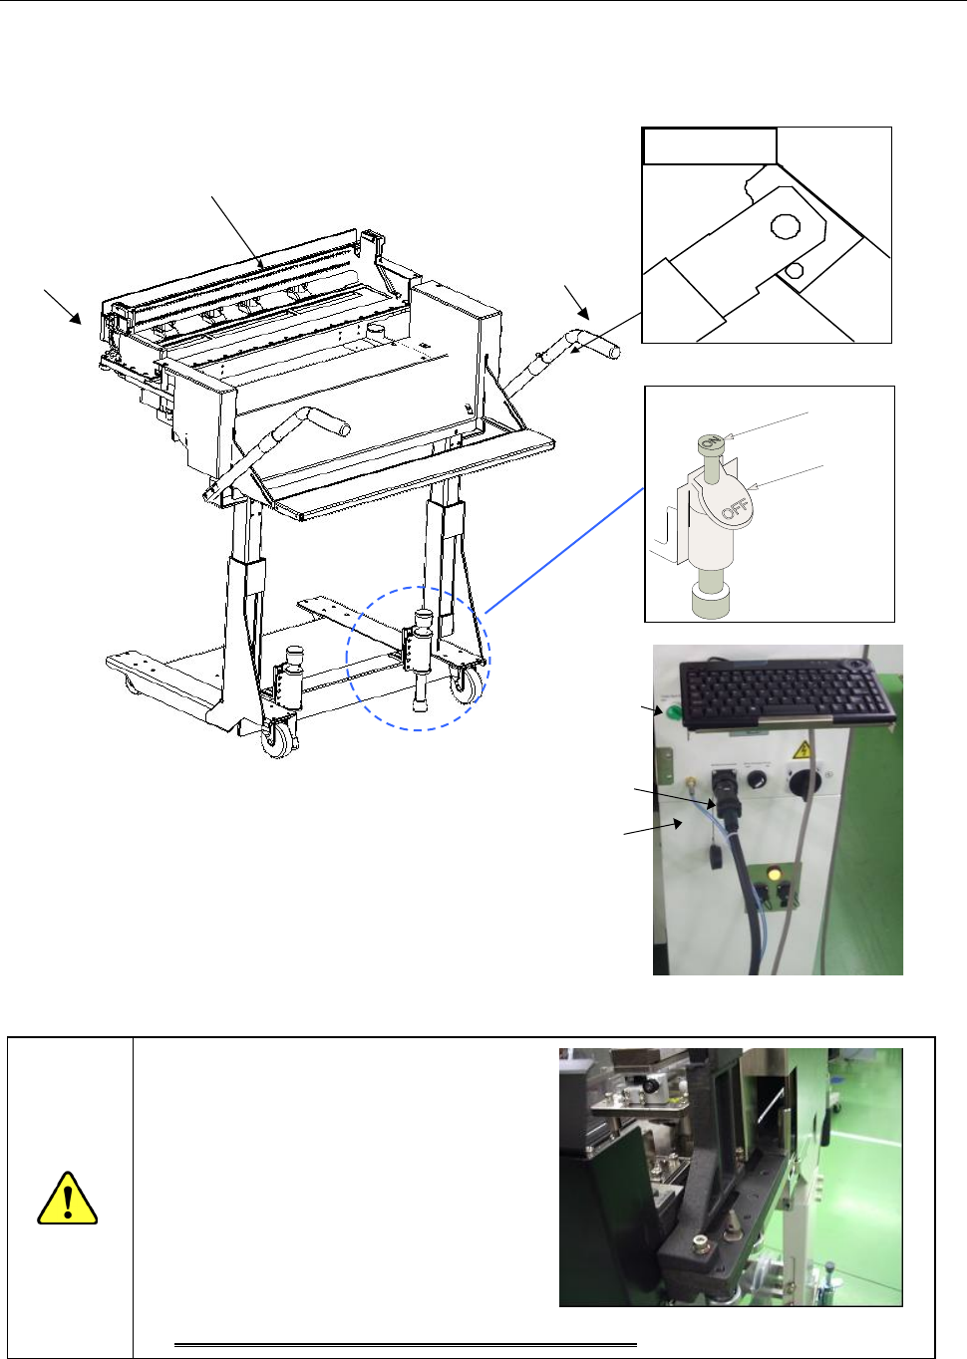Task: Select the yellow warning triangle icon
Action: pyautogui.click(x=68, y=1199)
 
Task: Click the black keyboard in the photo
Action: pyautogui.click(x=788, y=691)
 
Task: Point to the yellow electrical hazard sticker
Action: pyautogui.click(x=804, y=750)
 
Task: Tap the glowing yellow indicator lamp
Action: pyautogui.click(x=774, y=876)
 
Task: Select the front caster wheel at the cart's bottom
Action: pyautogui.click(x=278, y=740)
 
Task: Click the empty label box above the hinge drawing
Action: pyautogui.click(x=709, y=145)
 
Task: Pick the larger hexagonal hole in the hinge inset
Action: pyautogui.click(x=786, y=226)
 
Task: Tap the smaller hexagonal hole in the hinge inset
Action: pyautogui.click(x=795, y=271)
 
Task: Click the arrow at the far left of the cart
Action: pyautogui.click(x=63, y=307)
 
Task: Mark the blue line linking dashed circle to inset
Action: pyautogui.click(x=564, y=551)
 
